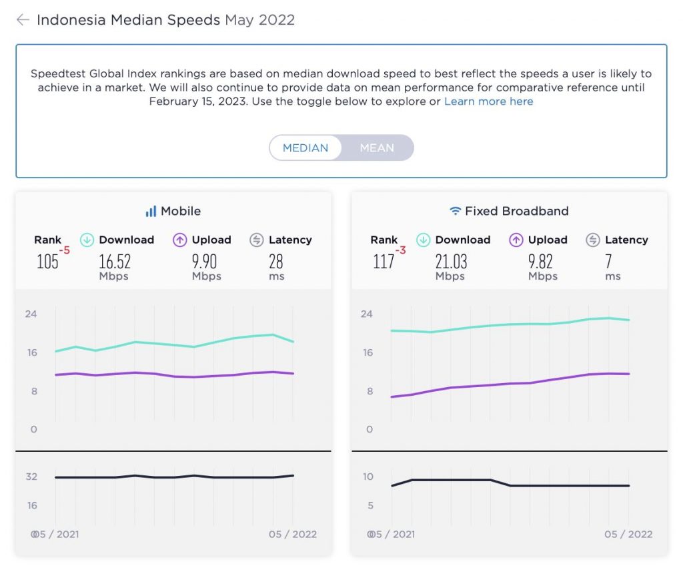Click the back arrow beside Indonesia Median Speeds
pos(23,20)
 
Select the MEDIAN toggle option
pos(305,148)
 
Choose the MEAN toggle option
pos(377,148)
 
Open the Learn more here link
pos(488,101)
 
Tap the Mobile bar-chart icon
pos(151,212)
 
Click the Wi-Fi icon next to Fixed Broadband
pos(456,212)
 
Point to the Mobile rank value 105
pos(47,261)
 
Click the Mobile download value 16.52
pos(115,261)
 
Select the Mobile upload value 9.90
pos(204,261)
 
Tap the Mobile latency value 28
pos(276,261)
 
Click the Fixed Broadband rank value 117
pos(384,261)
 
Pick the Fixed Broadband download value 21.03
pos(451,261)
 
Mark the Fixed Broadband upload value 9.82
pos(540,261)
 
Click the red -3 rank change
pos(401,250)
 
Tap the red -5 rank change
pos(65,250)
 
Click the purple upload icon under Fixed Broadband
pos(516,240)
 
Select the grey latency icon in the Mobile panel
pos(257,240)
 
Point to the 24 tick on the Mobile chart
pos(31,314)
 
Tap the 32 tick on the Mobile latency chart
pos(31,477)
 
